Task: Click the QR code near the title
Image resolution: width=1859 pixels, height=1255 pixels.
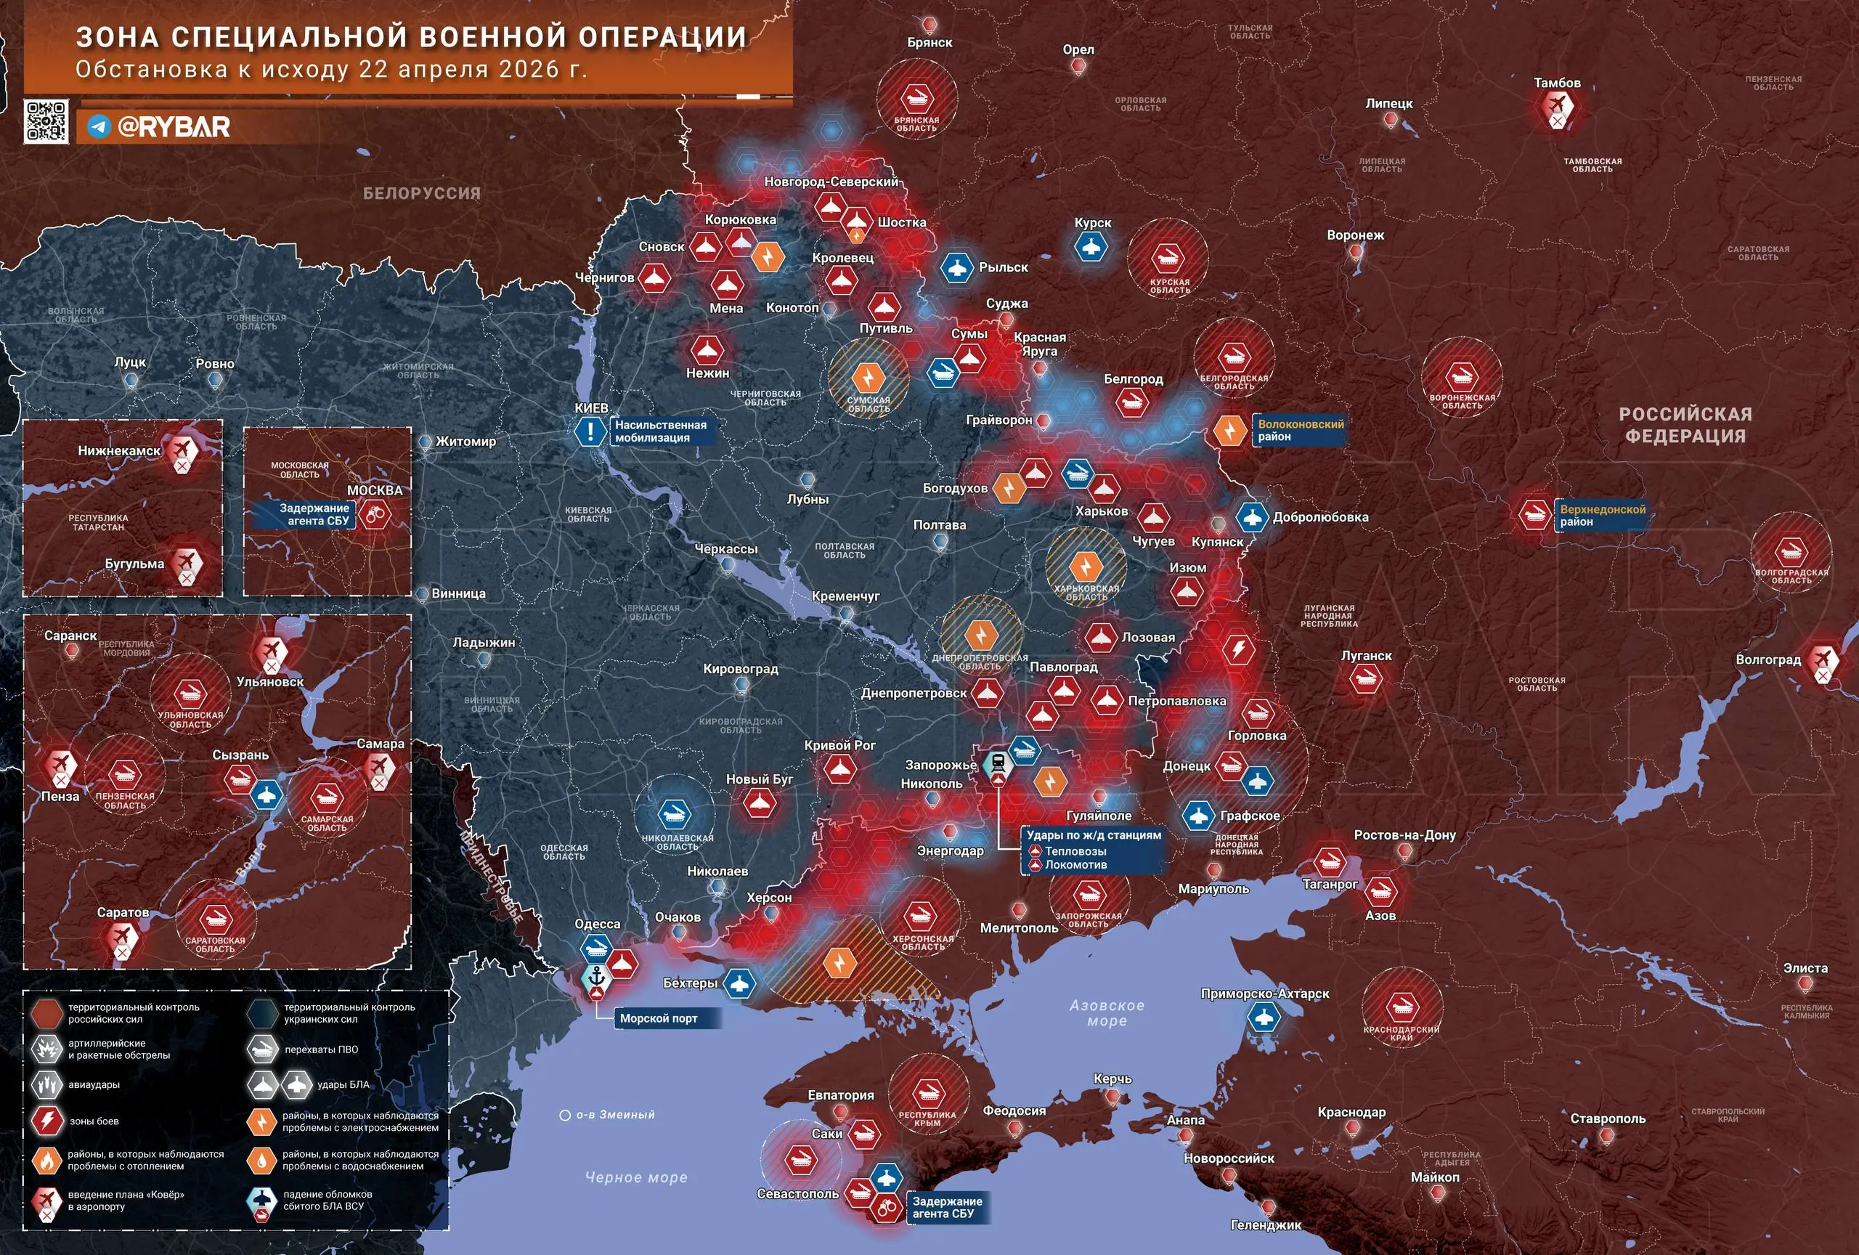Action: (46, 121)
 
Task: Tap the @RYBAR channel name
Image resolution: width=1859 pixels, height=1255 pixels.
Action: (174, 126)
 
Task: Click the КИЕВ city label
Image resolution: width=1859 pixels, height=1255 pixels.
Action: (591, 408)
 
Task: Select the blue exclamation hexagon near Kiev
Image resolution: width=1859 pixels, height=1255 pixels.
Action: (590, 432)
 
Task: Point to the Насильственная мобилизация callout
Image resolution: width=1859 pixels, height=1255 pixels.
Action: (661, 431)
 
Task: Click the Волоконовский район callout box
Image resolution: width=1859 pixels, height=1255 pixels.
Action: (1300, 431)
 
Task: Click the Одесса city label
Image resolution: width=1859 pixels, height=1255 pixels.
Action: (597, 924)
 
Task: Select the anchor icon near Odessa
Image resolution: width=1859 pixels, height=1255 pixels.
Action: (596, 978)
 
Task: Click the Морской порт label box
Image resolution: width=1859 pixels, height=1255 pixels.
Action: (659, 1018)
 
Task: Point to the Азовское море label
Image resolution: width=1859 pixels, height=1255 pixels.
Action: (1107, 1012)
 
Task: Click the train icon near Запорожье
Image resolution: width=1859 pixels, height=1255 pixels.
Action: (998, 763)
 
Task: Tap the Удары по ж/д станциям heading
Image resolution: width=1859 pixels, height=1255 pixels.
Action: (1094, 835)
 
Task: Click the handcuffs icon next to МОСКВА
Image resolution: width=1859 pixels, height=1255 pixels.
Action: (373, 514)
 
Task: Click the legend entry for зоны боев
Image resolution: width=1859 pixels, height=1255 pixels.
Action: (94, 1121)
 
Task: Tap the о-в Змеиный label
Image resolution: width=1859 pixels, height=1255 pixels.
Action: (614, 1114)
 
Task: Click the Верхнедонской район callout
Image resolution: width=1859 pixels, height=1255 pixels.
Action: (1601, 515)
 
